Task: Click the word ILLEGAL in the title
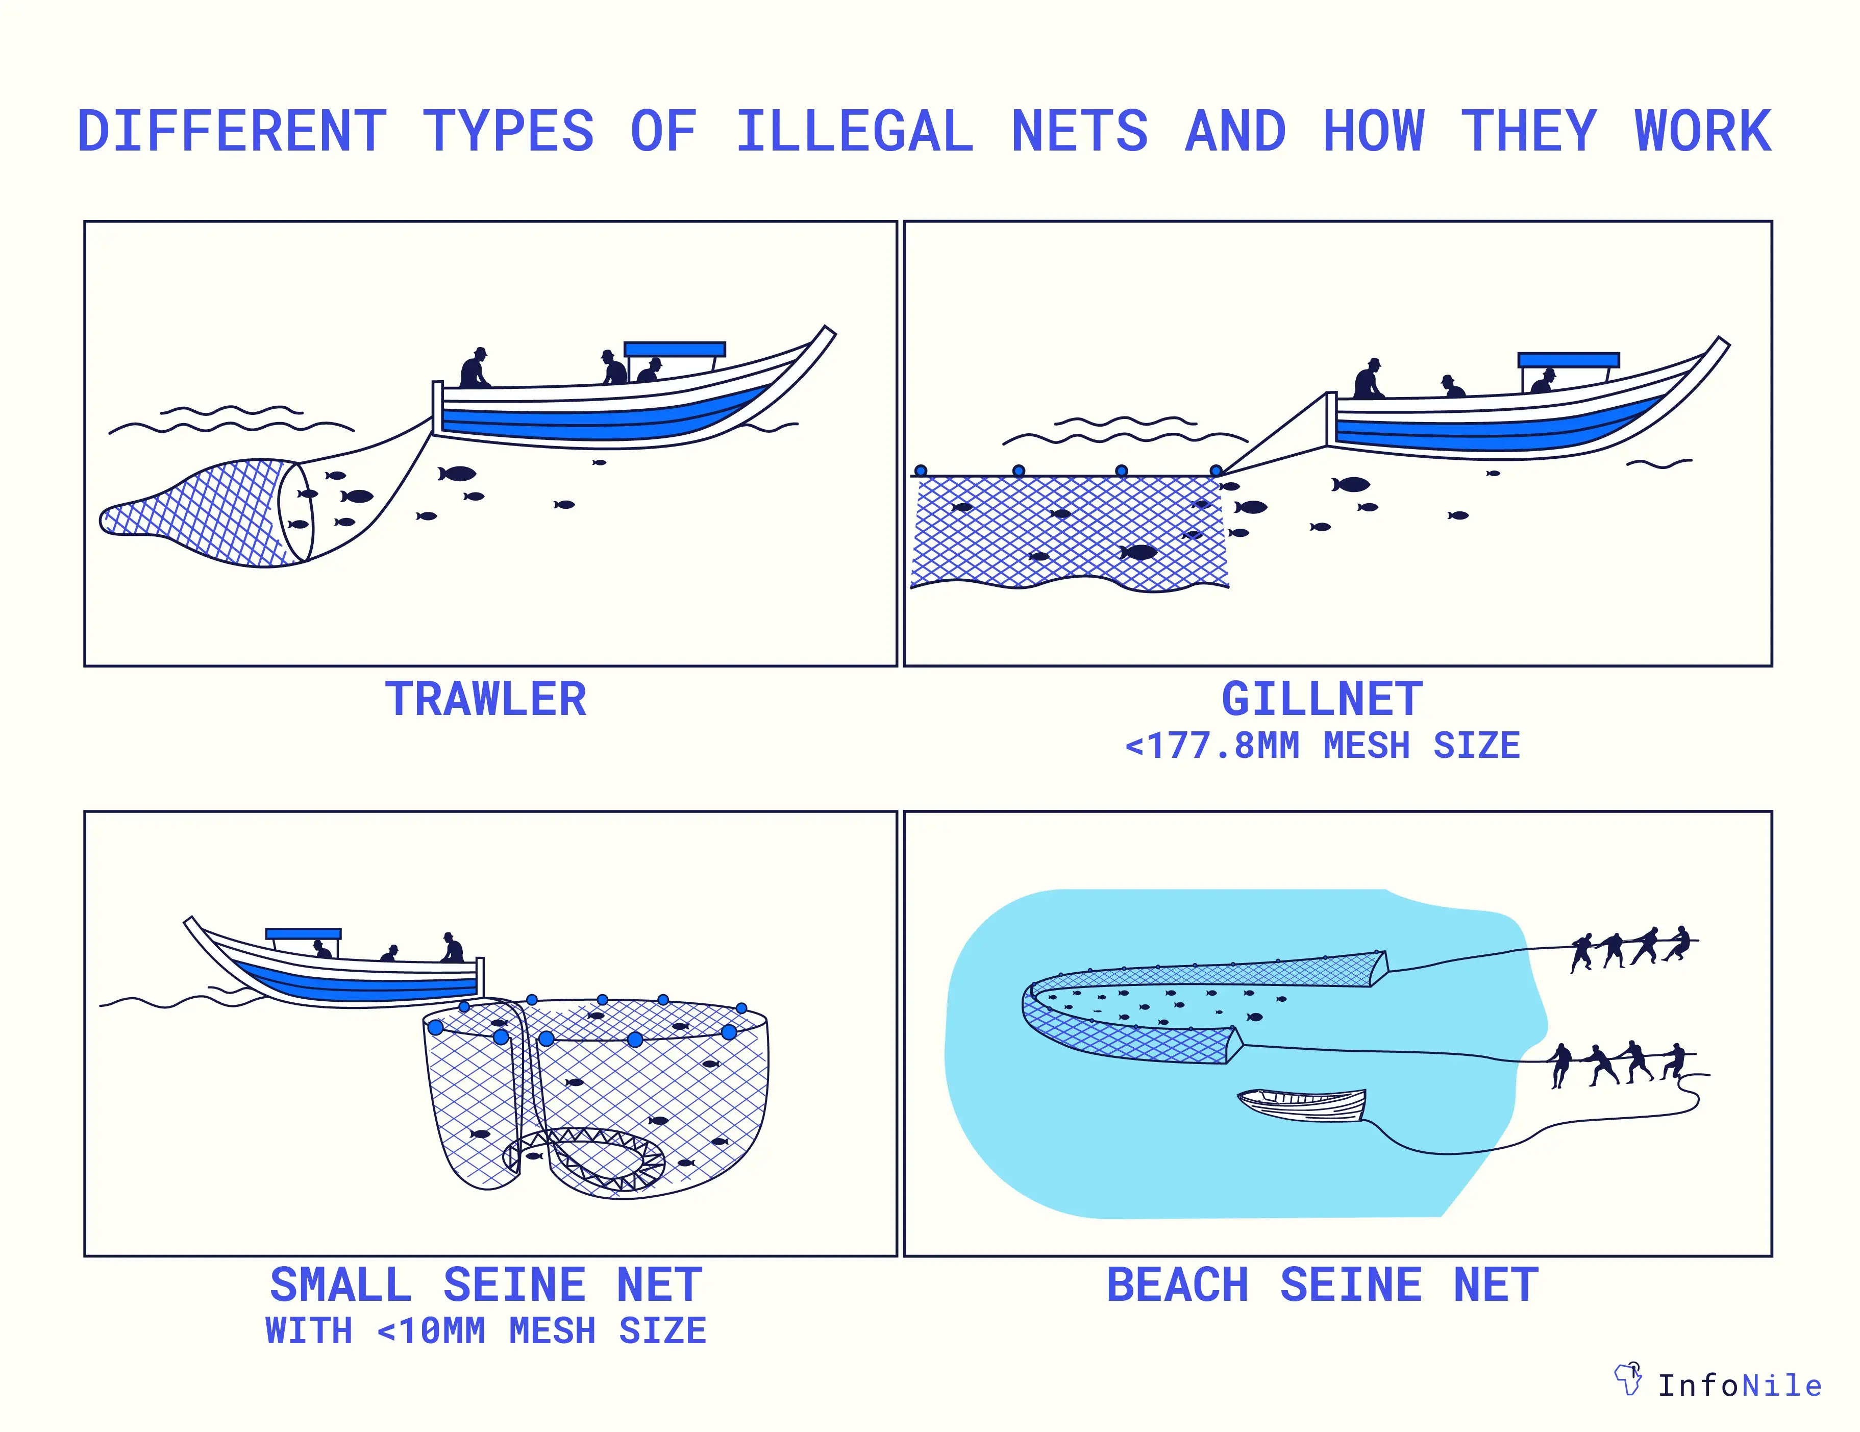point(854,132)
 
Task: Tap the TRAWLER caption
point(485,699)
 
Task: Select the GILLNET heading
point(1322,699)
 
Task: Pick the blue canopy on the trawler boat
point(675,349)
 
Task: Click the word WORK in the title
point(1702,132)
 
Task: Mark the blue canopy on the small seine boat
point(303,933)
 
